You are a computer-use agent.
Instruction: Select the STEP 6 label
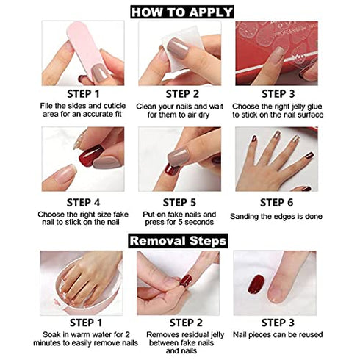click(276, 203)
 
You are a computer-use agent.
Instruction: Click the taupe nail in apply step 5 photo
click(179, 157)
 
